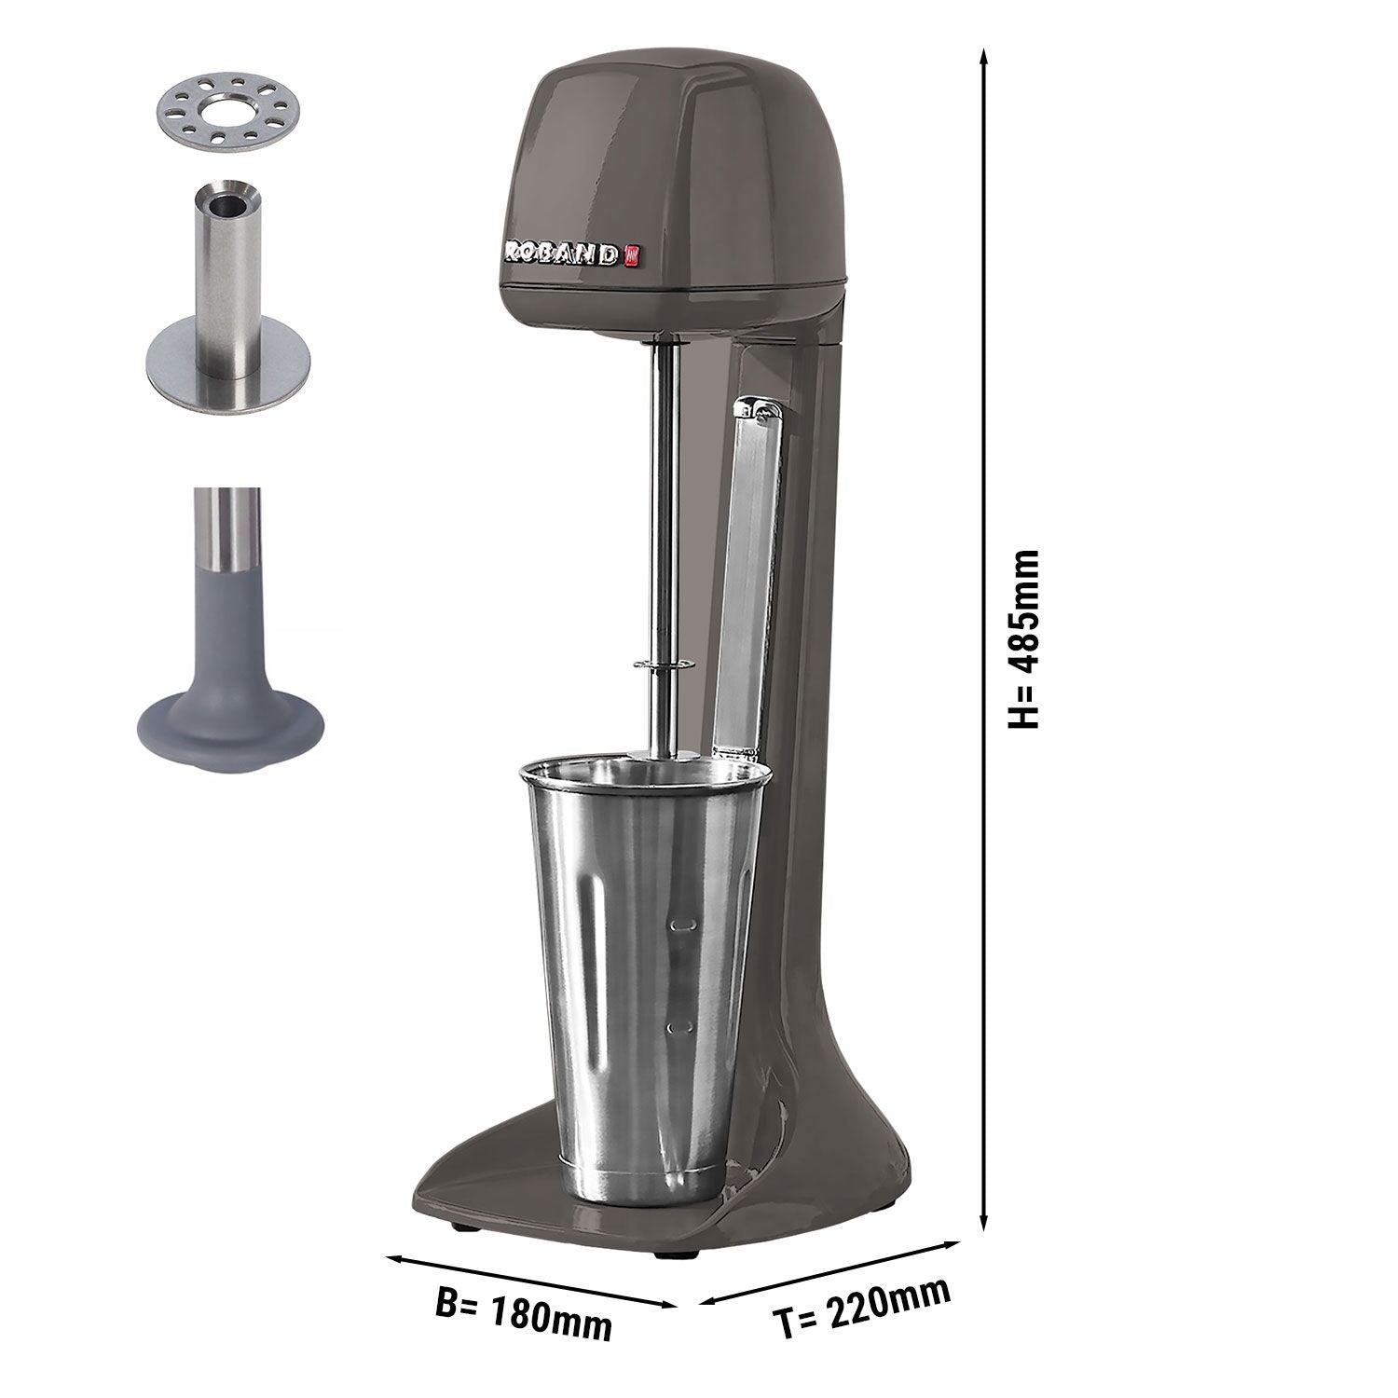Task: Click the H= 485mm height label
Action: tap(1024, 639)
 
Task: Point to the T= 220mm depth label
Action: tap(863, 1306)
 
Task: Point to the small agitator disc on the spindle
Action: tap(664, 664)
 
